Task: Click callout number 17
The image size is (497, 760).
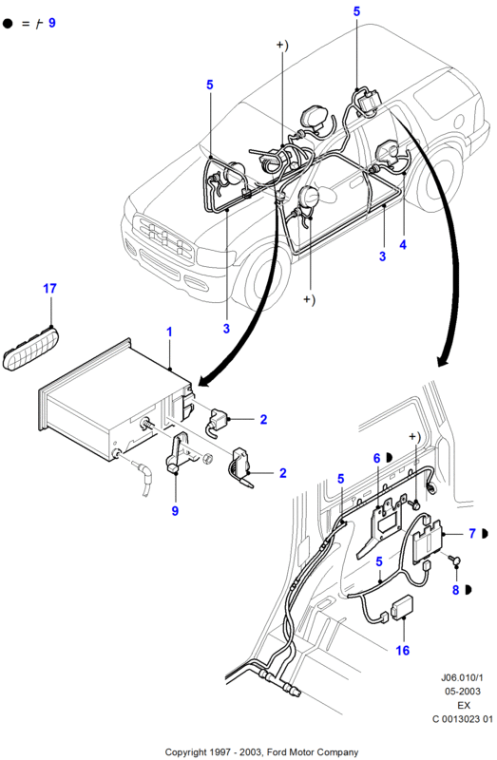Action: click(49, 289)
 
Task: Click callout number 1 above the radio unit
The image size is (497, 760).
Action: click(169, 332)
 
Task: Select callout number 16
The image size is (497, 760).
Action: click(403, 651)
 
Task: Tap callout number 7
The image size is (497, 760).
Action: click(472, 534)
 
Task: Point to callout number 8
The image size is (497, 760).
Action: click(455, 590)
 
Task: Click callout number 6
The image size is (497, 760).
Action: click(376, 458)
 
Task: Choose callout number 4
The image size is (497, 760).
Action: click(403, 245)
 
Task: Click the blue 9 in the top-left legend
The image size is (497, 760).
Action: click(52, 23)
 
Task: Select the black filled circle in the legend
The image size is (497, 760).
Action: click(8, 23)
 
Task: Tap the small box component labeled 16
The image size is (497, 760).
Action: click(403, 608)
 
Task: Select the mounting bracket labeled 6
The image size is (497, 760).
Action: click(382, 527)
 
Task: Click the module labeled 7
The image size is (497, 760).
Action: click(428, 541)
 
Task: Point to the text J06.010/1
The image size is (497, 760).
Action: click(462, 677)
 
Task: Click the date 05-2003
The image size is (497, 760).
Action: click(463, 692)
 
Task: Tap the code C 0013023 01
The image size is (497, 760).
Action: click(463, 719)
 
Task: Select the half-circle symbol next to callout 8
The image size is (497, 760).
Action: click(468, 590)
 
